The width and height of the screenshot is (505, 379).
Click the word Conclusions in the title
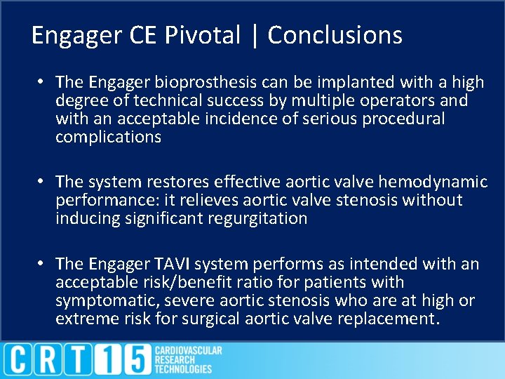pyautogui.click(x=335, y=34)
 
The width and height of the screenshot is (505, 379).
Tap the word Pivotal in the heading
pyautogui.click(x=203, y=34)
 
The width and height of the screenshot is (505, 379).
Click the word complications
pyautogui.click(x=108, y=137)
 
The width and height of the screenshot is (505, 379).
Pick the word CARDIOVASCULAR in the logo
pyautogui.click(x=188, y=350)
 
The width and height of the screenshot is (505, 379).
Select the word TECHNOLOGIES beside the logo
pyautogui.click(x=183, y=369)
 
